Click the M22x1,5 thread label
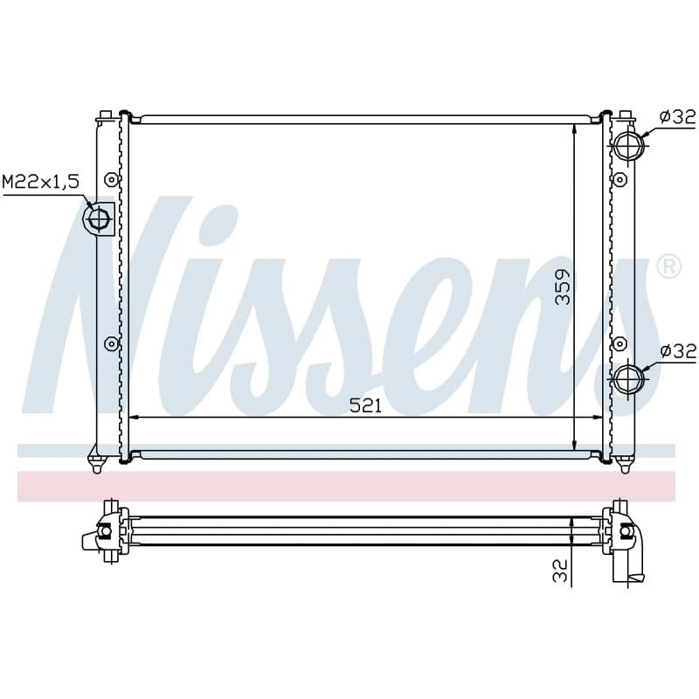click(x=40, y=182)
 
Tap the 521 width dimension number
click(x=365, y=405)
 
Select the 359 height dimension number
click(x=563, y=287)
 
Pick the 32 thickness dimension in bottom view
click(x=560, y=571)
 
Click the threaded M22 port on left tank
click(x=99, y=219)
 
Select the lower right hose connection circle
click(x=627, y=379)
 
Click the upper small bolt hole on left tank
click(x=111, y=180)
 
